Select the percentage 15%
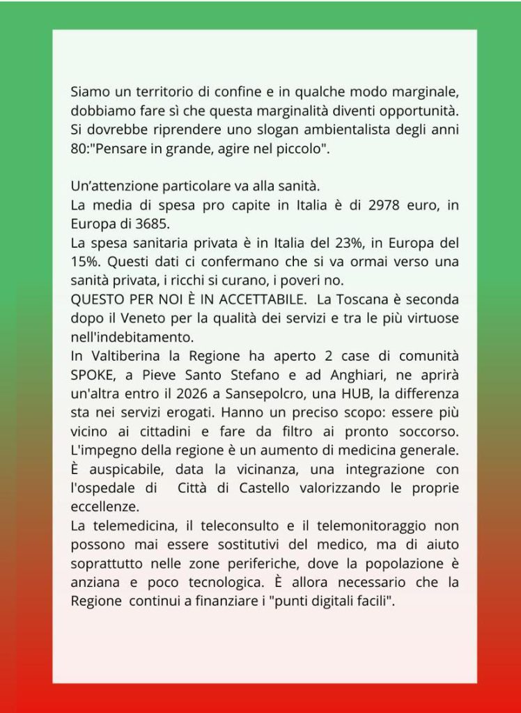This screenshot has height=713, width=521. [87, 263]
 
